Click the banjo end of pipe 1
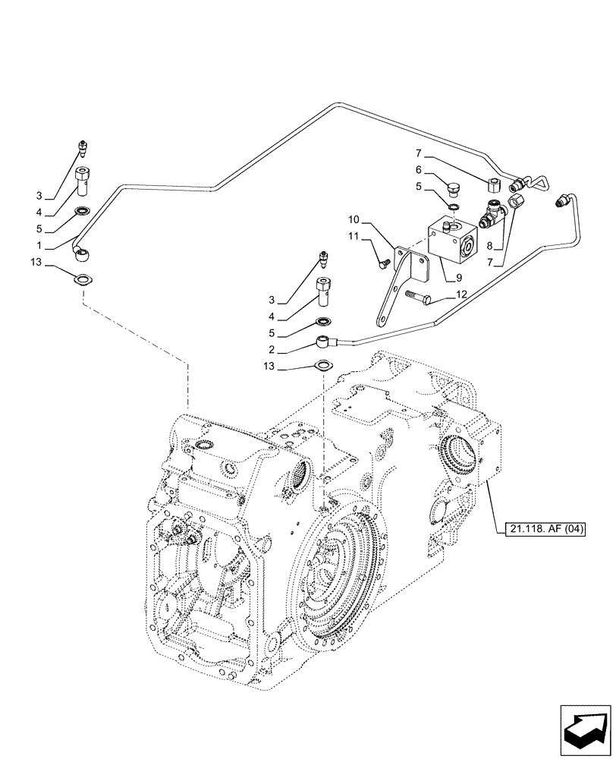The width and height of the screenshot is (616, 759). [x=81, y=250]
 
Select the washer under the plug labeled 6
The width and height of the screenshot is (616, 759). [x=452, y=206]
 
